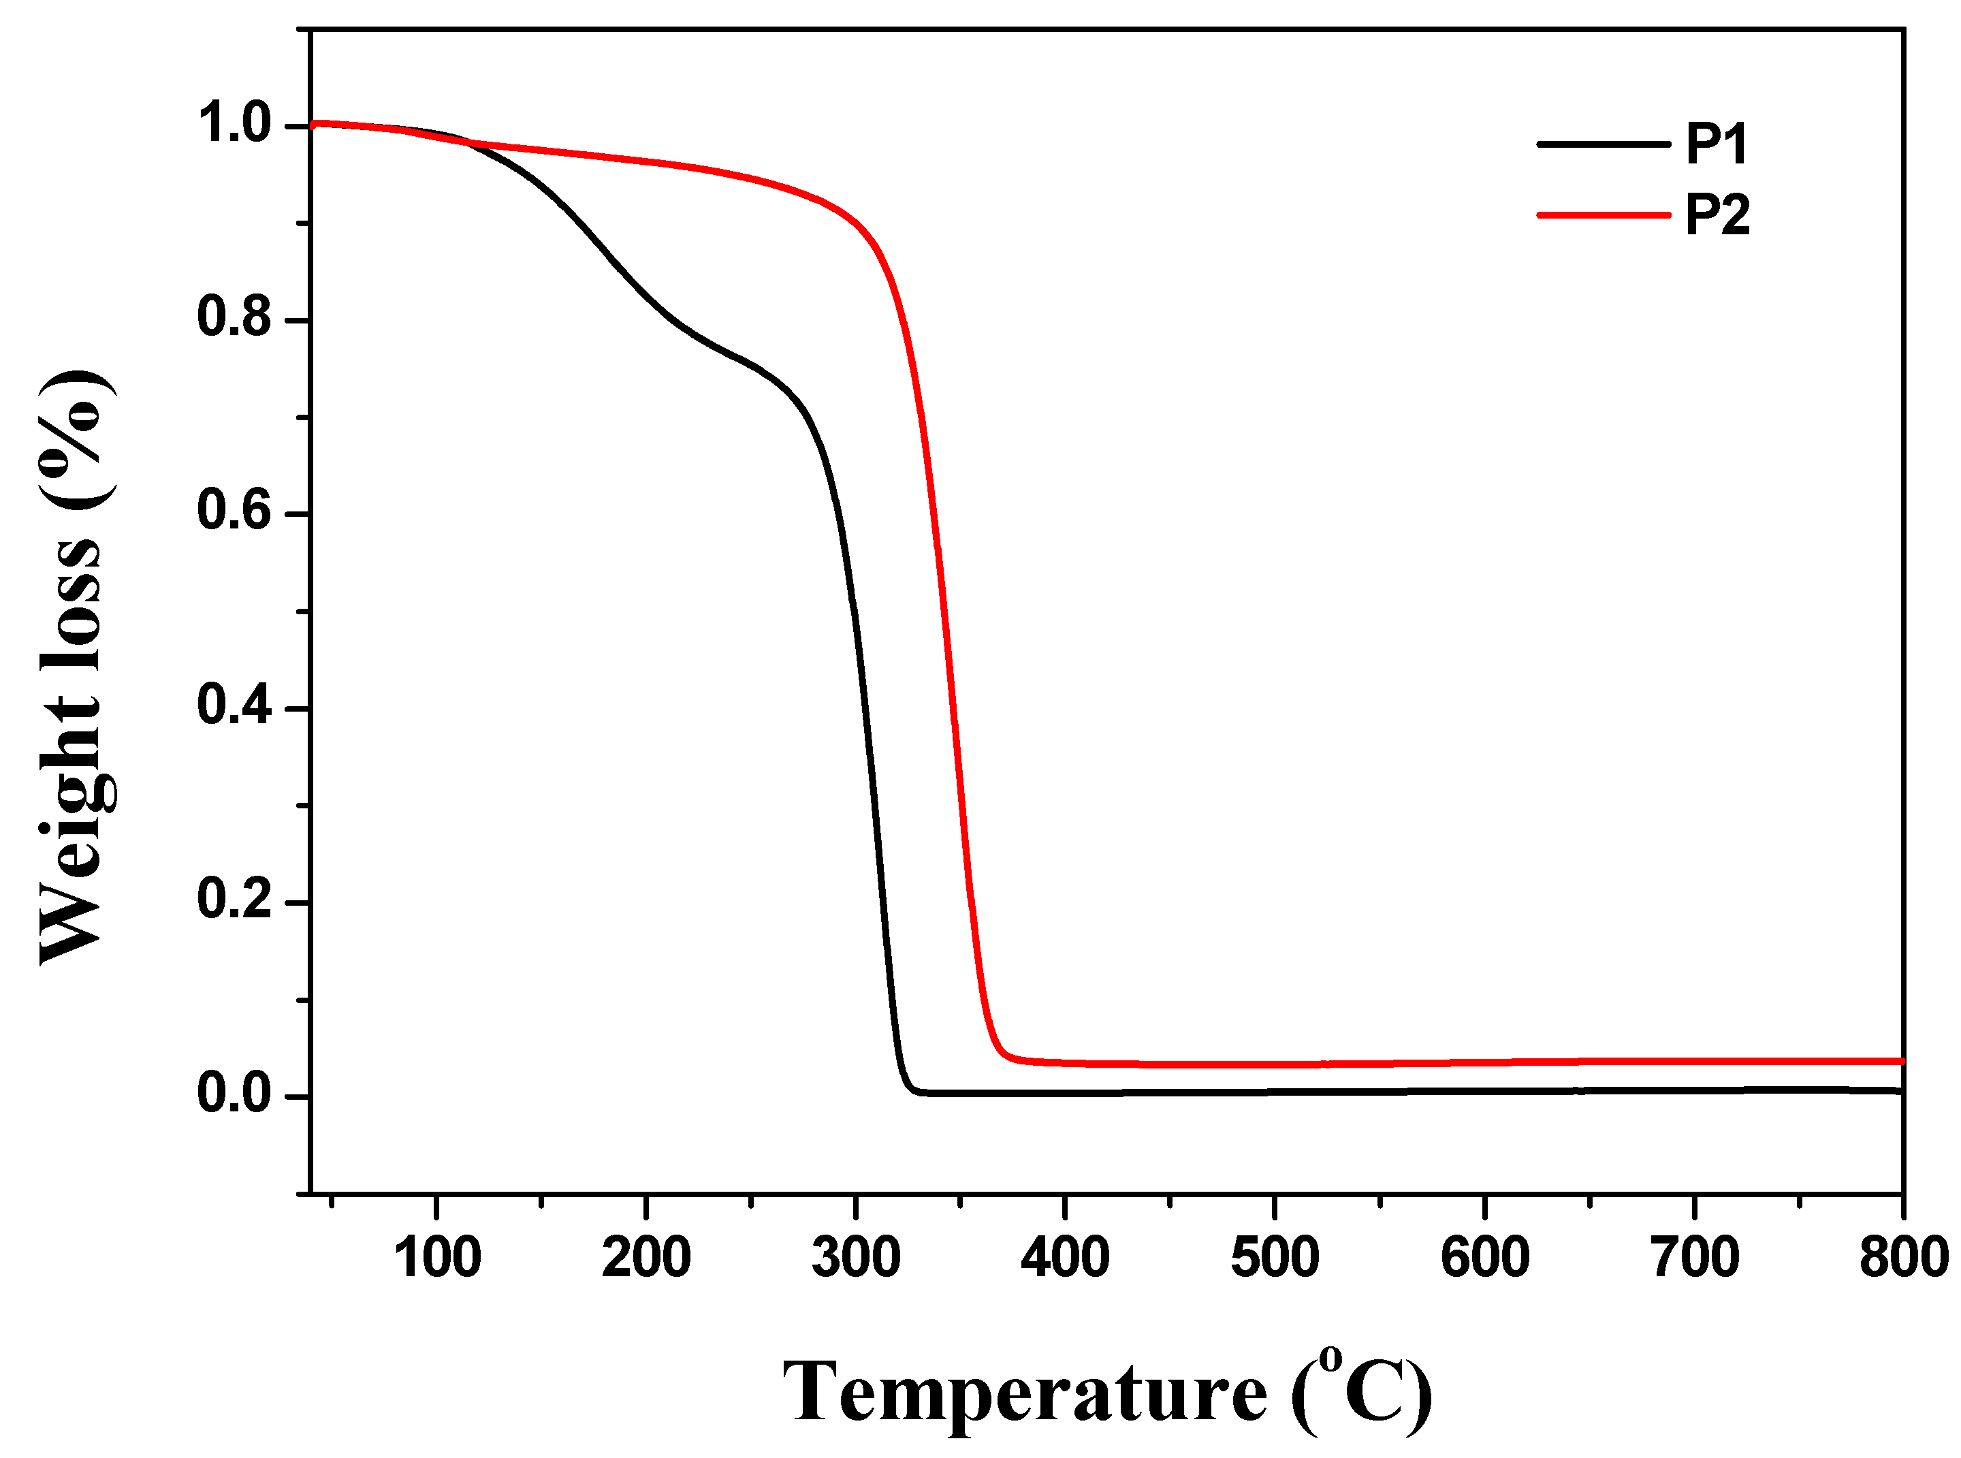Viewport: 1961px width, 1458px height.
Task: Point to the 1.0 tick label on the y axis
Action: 233,123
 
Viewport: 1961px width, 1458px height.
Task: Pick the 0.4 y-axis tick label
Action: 233,706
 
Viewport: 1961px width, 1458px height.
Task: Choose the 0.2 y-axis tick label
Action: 233,900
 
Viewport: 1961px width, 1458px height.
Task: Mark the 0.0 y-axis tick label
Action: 233,1094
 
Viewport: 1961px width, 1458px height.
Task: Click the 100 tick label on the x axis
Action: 437,1258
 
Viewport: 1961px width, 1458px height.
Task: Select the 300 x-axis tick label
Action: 856,1258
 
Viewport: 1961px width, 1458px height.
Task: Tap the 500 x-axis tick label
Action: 1275,1258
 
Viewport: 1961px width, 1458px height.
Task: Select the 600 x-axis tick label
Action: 1485,1258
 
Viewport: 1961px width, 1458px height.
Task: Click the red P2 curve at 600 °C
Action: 1485,1062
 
